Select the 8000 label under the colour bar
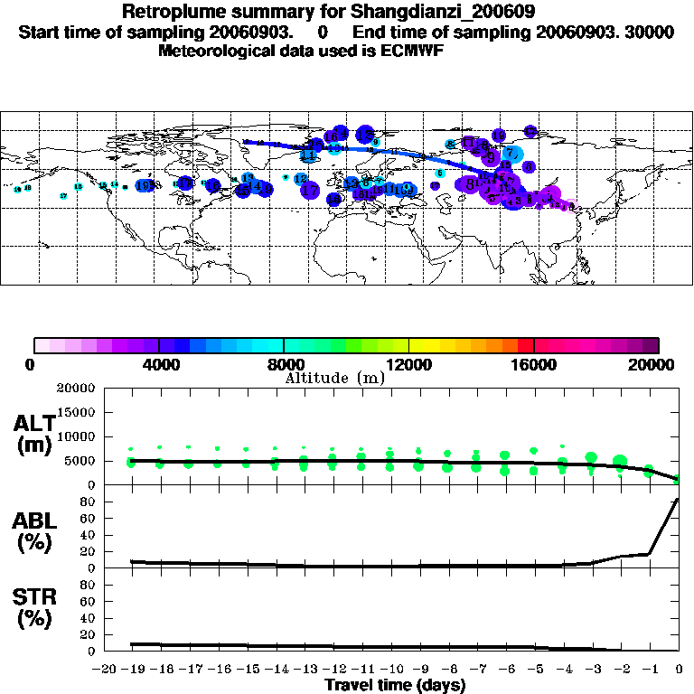click(283, 365)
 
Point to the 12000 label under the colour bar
click(408, 365)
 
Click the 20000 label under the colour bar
click(657, 365)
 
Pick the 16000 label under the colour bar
click(533, 365)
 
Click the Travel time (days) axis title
click(395, 686)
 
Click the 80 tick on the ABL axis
click(89, 502)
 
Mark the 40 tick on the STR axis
click(89, 617)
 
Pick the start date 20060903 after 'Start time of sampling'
click(256, 33)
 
